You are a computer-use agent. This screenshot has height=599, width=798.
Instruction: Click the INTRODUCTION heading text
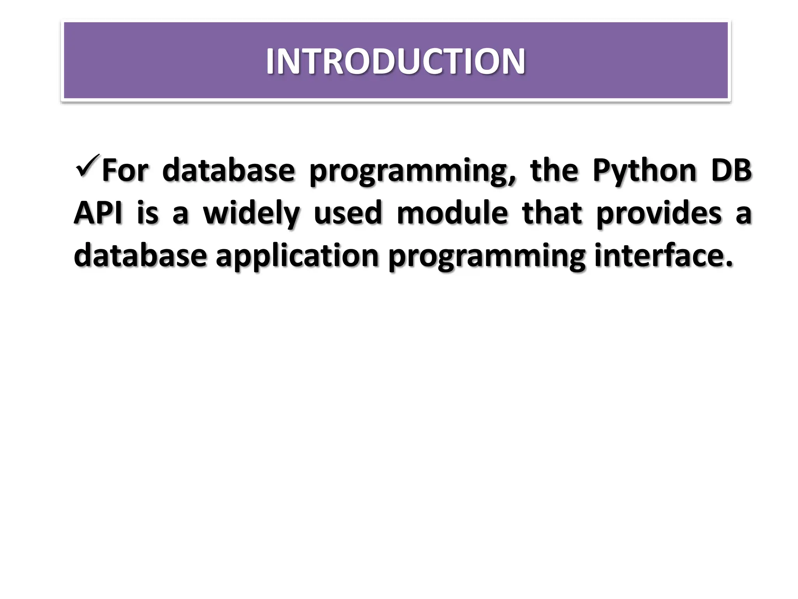click(395, 61)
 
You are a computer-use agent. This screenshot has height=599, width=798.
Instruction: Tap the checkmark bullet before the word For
click(87, 166)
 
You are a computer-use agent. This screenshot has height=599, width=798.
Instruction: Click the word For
click(125, 171)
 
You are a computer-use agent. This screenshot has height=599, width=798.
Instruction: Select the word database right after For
click(228, 171)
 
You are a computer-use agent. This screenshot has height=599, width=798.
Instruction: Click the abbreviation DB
click(731, 171)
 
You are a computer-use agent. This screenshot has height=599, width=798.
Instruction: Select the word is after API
click(148, 213)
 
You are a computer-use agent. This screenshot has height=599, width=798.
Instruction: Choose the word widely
click(251, 214)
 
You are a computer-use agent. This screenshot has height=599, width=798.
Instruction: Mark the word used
click(348, 213)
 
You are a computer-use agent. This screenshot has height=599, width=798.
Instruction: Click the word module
click(452, 213)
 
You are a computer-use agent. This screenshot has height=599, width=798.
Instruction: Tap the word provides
click(659, 214)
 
